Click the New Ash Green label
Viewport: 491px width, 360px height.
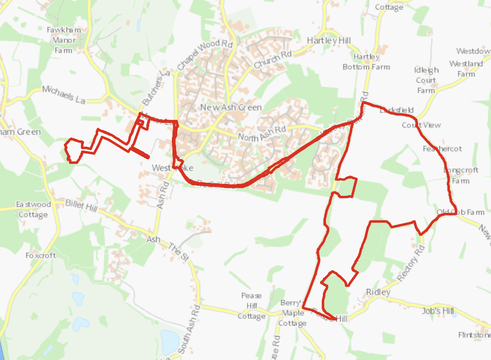point(230,108)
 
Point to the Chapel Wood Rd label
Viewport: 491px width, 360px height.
point(205,56)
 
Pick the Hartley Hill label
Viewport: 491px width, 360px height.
point(329,41)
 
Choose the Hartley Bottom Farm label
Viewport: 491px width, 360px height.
point(366,62)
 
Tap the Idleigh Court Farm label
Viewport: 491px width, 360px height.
point(426,80)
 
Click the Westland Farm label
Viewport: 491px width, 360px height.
point(466,69)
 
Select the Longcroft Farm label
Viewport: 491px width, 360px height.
point(461,175)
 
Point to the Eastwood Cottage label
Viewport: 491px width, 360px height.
point(33,210)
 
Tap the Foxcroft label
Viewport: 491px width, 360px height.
point(41,255)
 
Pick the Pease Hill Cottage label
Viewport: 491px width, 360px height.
point(252,306)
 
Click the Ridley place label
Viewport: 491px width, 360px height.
point(378,292)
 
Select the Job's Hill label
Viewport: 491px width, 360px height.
point(438,311)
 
